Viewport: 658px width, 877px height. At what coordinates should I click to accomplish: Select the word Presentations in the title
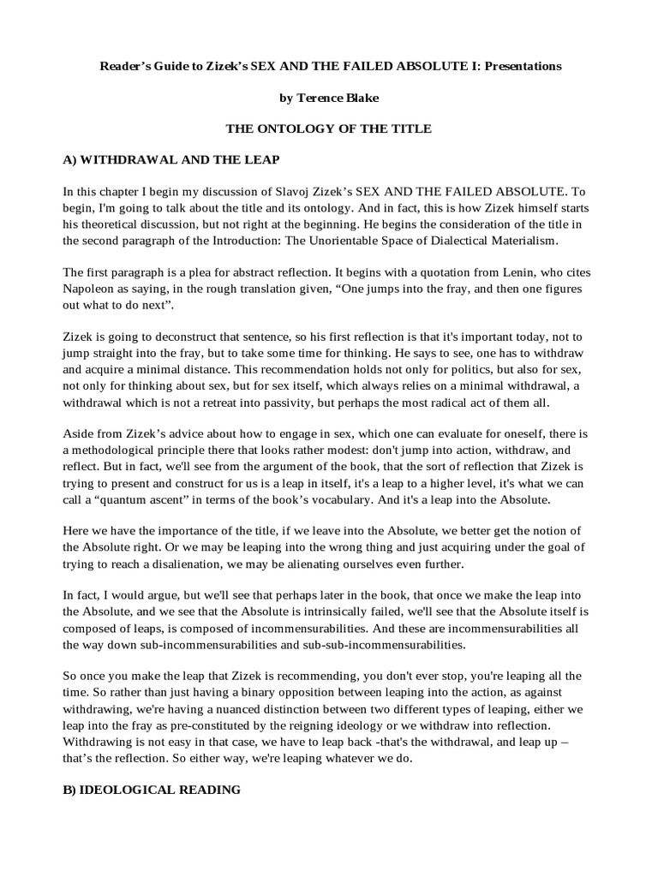522,66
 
